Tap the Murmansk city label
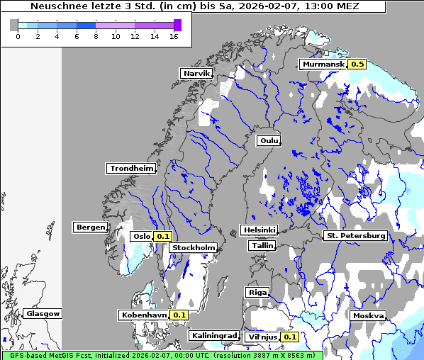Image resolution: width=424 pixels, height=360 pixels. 323,64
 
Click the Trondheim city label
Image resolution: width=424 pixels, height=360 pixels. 131,168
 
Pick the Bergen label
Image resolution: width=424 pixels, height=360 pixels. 89,227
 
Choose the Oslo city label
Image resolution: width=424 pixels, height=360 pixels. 141,236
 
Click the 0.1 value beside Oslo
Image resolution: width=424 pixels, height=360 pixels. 163,236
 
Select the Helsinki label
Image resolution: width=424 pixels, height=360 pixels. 259,230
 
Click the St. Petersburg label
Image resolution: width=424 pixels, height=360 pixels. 355,235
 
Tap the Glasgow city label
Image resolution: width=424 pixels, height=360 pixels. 43,313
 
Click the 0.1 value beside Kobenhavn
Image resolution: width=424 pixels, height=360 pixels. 179,315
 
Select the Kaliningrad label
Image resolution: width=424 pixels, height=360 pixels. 213,335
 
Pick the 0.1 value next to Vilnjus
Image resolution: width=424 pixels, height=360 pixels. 289,337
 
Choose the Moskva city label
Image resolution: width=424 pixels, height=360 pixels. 368,315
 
